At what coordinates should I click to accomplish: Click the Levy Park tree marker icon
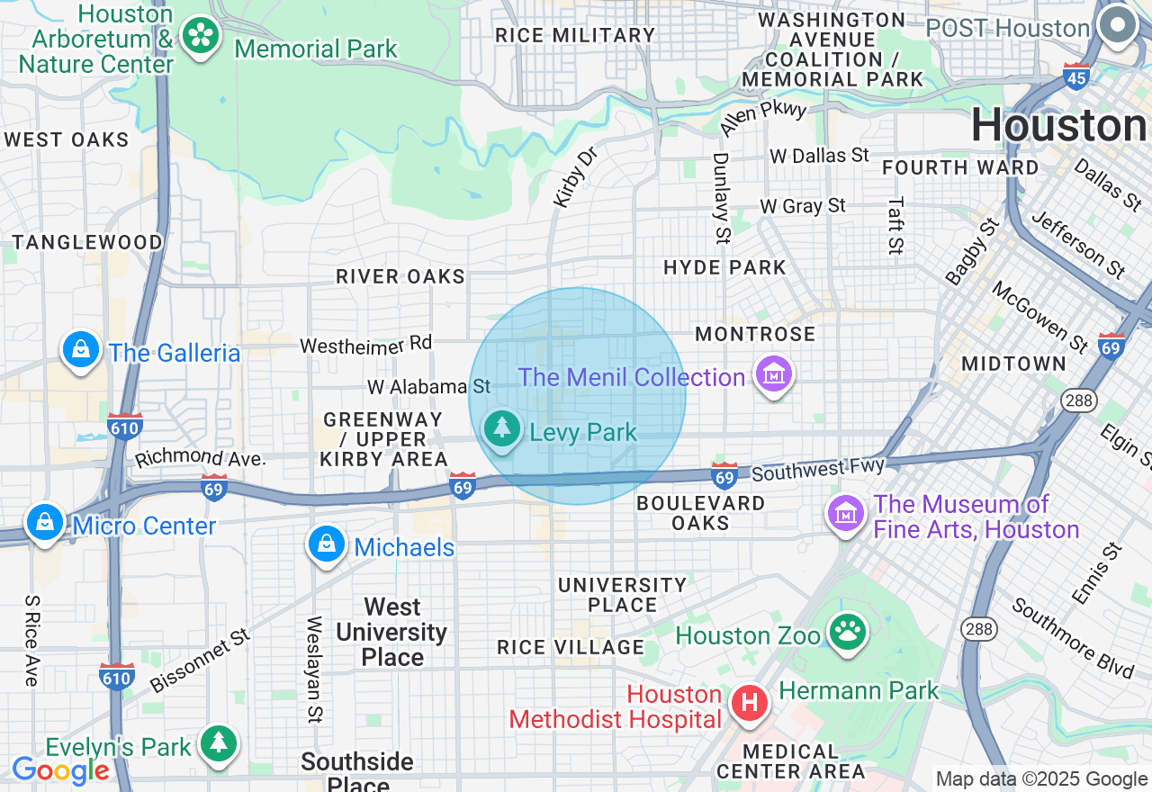(x=501, y=429)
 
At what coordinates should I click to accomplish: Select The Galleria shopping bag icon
(x=81, y=349)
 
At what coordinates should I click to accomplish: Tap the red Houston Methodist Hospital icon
(x=749, y=703)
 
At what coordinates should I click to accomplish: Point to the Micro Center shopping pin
(x=44, y=522)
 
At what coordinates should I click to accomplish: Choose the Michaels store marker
(x=327, y=544)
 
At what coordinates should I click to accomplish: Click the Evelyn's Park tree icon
(x=219, y=743)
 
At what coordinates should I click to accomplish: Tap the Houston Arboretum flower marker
(x=200, y=37)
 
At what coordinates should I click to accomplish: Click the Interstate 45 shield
(x=1076, y=76)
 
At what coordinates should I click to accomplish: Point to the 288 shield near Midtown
(x=1077, y=400)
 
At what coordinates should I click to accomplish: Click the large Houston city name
(x=1059, y=125)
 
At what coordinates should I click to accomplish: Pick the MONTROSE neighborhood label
(x=755, y=334)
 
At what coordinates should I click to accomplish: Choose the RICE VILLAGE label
(x=571, y=647)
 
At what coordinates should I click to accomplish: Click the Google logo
(x=60, y=771)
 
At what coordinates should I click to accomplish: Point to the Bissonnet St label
(x=200, y=661)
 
